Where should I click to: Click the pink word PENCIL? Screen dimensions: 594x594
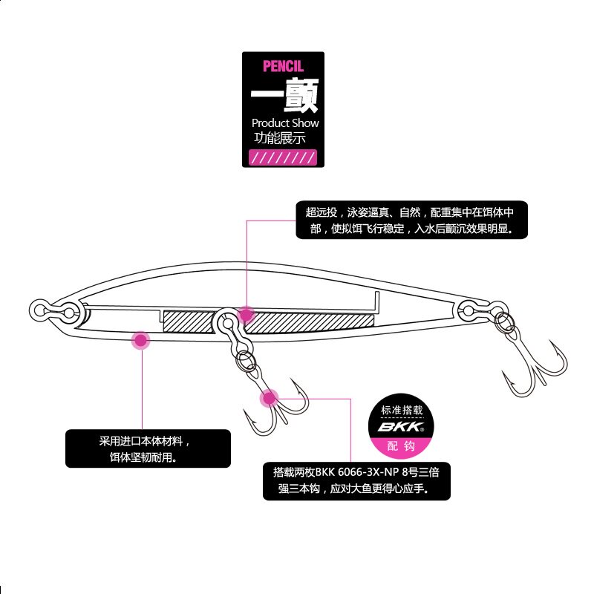283,66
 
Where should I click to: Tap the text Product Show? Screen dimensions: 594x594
285,123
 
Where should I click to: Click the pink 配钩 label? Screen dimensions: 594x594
400,446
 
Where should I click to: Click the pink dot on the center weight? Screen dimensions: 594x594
246,314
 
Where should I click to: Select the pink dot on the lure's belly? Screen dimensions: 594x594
140,341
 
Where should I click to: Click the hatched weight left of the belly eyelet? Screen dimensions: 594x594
189,320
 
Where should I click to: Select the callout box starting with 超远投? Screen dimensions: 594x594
411,220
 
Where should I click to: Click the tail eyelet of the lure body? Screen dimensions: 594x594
470,307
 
